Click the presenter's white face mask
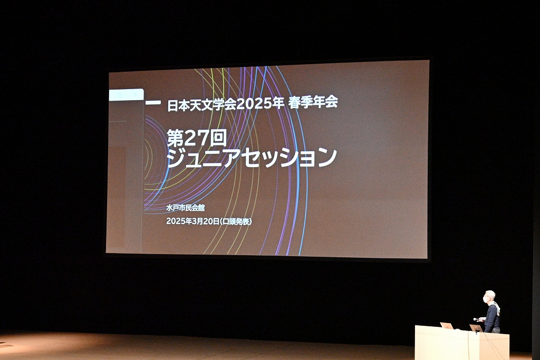pos(486,299)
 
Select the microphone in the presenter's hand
pos(477,319)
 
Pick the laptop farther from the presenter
pos(447,326)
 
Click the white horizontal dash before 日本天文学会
pos(153,102)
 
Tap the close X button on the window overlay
pos(136,94)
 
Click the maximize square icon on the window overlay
pos(120,95)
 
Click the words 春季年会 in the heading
pos(313,102)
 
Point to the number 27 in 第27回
pos(197,138)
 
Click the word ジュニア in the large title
pos(204,158)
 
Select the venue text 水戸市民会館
pos(185,208)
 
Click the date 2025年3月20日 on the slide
pos(193,221)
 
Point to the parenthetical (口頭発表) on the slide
pos(236,221)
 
